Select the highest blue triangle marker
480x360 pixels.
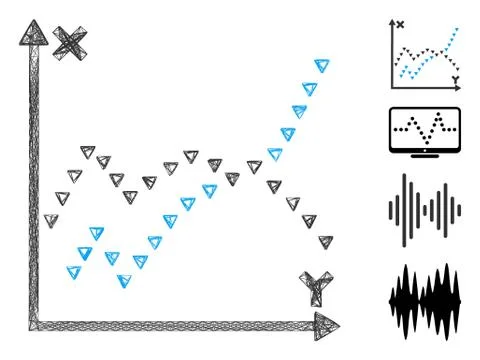coord(321,66)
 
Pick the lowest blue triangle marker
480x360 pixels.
coord(124,281)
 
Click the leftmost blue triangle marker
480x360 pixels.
coord(73,271)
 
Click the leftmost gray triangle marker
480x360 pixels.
coord(50,220)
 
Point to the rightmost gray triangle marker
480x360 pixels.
coord(325,241)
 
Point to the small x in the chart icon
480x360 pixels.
coord(400,24)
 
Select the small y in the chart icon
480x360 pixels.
coord(455,78)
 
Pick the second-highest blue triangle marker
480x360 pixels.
coord(310,88)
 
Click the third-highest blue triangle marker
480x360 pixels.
coord(299,111)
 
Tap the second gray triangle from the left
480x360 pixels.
coord(62,197)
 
